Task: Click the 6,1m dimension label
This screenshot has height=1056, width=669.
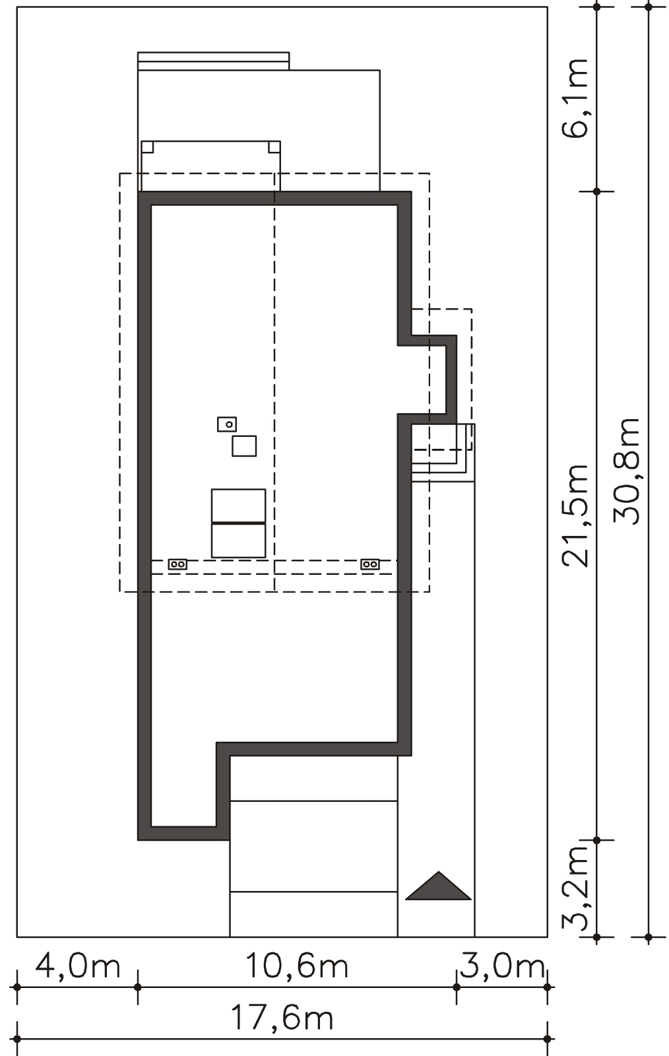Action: [x=575, y=98]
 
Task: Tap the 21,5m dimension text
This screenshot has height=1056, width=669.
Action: [x=575, y=515]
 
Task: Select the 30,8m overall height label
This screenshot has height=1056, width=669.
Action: [x=627, y=471]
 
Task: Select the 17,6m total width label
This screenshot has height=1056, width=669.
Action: [x=282, y=1018]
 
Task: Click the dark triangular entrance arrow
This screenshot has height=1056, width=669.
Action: [x=439, y=885]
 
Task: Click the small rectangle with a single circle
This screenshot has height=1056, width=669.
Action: [x=227, y=424]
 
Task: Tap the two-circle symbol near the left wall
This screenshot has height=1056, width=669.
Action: [x=177, y=564]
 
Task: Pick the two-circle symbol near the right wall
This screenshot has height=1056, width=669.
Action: [x=370, y=564]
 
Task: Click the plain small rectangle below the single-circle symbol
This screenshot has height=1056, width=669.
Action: [x=244, y=446]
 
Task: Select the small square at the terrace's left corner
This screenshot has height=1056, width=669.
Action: [x=147, y=147]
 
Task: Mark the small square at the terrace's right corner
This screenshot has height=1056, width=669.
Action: [x=274, y=147]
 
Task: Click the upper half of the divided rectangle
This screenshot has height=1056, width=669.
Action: [x=238, y=506]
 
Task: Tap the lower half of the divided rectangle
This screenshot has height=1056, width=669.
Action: [x=238, y=541]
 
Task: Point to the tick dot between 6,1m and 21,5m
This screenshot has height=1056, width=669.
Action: [x=597, y=191]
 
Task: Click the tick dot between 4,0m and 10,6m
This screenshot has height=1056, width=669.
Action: [x=138, y=987]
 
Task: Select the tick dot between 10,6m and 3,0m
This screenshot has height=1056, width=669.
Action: [x=457, y=987]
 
